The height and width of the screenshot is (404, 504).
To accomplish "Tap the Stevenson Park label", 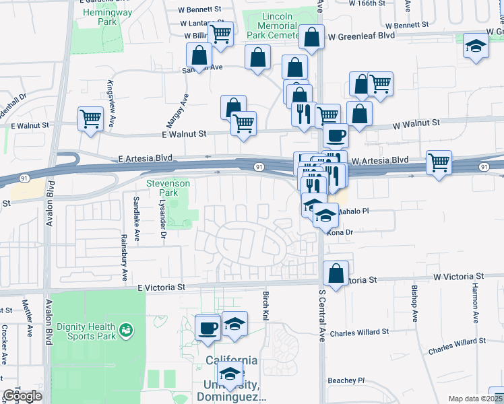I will (x=168, y=188).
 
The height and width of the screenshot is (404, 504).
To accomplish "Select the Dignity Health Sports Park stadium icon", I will (x=125, y=330).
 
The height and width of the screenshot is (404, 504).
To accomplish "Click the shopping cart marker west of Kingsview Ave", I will (x=90, y=119).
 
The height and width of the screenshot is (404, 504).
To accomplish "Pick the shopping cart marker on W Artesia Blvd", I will (x=439, y=162).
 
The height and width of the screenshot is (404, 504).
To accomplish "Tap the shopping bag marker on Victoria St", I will (x=335, y=273).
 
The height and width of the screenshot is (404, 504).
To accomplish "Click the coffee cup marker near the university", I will (x=208, y=328).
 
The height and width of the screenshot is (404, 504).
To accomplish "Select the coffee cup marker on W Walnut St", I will (x=335, y=135).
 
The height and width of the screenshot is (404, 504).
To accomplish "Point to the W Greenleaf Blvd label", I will (x=359, y=38).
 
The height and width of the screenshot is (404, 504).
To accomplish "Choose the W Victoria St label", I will (x=458, y=277).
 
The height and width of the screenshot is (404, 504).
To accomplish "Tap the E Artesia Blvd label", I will (x=144, y=158).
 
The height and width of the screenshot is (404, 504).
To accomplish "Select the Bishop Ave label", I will (x=414, y=306).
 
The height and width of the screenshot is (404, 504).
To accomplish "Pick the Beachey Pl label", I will (x=346, y=380).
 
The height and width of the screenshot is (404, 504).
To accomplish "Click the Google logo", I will (x=22, y=396).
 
